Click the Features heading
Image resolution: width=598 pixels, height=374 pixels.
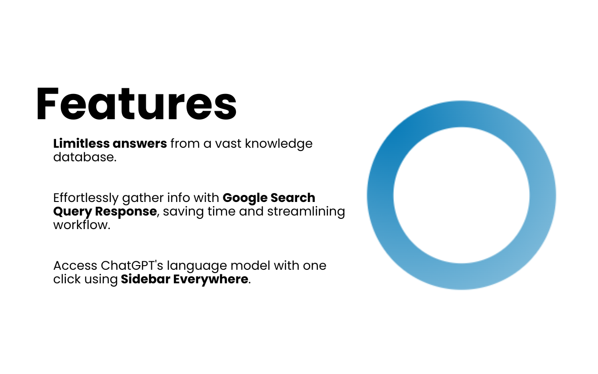pyautogui.click(x=136, y=104)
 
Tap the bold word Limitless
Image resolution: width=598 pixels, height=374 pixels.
pyautogui.click(x=81, y=144)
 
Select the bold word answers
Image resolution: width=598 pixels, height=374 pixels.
pyautogui.click(x=140, y=144)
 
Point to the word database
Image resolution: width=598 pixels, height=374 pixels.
pyautogui.click(x=85, y=157)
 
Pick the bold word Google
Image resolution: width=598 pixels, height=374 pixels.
pyautogui.click(x=245, y=198)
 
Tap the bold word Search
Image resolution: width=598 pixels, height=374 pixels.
pyautogui.click(x=293, y=198)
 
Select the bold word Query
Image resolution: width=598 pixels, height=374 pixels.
pyautogui.click(x=72, y=212)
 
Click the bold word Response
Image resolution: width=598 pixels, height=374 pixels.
pyautogui.click(x=126, y=212)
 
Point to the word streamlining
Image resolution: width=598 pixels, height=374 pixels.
pyautogui.click(x=306, y=212)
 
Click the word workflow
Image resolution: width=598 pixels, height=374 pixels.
pyautogui.click(x=81, y=225)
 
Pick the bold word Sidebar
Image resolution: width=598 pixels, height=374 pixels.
pyautogui.click(x=145, y=279)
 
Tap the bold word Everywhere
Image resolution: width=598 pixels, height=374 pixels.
pyautogui.click(x=211, y=280)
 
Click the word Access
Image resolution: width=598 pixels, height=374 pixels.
pyautogui.click(x=75, y=266)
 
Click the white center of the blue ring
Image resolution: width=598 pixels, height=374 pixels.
pyautogui.click(x=461, y=195)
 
